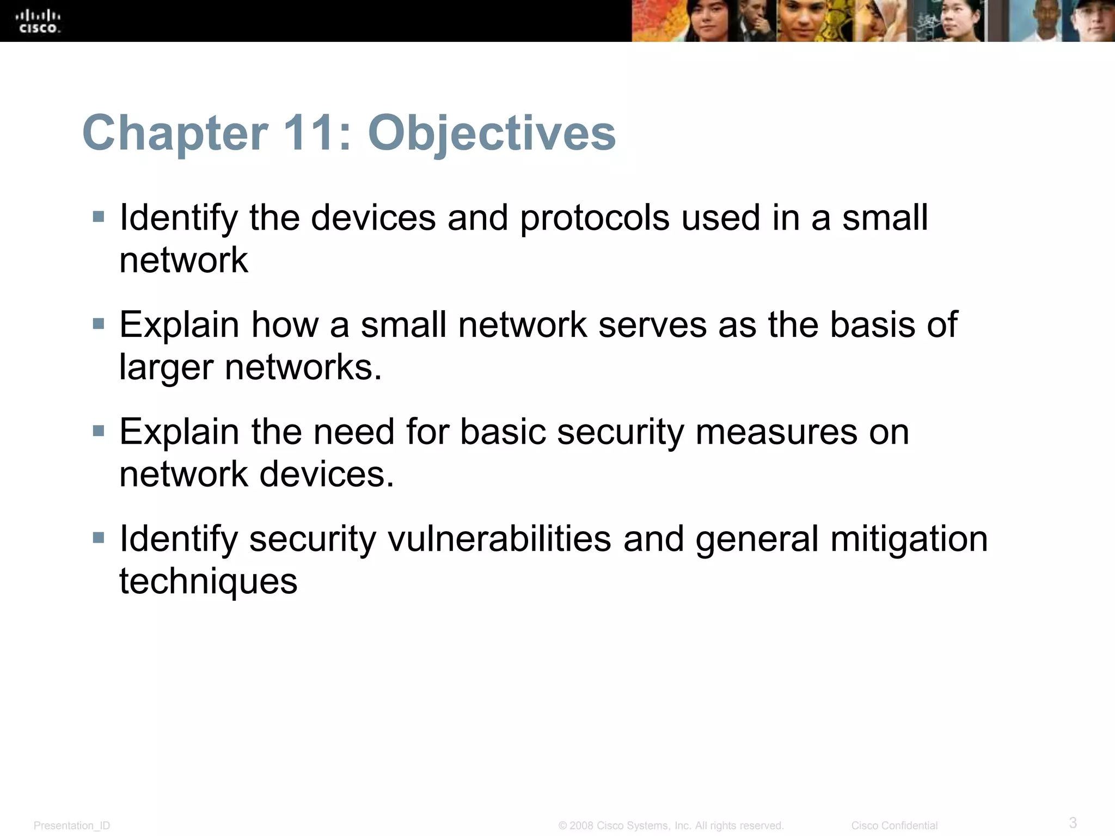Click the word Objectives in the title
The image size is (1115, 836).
[492, 133]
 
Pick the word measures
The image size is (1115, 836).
[776, 432]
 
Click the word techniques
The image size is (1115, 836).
[208, 581]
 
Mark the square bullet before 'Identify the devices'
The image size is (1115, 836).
[99, 217]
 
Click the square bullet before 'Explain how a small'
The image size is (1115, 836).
[99, 324]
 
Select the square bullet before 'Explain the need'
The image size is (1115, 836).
[99, 432]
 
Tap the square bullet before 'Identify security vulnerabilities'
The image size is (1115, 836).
[99, 538]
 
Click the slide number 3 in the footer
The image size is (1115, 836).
[1073, 822]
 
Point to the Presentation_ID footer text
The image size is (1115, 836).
[72, 826]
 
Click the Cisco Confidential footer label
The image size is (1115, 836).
[894, 826]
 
